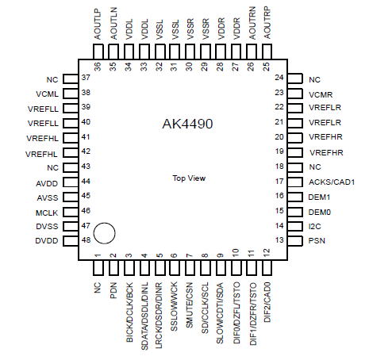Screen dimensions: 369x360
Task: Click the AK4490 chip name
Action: tap(187, 124)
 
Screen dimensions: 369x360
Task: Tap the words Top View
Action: tap(189, 178)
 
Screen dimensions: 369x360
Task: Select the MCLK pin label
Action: tap(47, 213)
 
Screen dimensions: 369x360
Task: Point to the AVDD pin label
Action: tap(47, 183)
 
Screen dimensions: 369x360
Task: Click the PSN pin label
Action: tap(317, 241)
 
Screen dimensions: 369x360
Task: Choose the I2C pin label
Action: tap(314, 226)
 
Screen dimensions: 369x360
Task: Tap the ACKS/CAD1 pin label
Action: tap(332, 182)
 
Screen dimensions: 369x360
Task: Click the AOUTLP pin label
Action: tap(98, 25)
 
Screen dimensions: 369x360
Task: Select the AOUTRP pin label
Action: tap(267, 23)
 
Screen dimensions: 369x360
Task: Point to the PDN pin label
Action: tap(113, 290)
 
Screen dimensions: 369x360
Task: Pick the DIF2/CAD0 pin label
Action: tap(267, 302)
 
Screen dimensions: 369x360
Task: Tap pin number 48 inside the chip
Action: tap(86, 239)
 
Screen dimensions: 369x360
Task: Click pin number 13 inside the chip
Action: tap(279, 240)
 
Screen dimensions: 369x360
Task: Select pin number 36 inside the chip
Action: tap(98, 67)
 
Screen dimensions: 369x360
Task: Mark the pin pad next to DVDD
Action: tap(71, 241)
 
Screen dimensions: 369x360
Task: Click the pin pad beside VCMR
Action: tap(295, 94)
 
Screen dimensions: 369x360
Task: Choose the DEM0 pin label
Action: tap(320, 212)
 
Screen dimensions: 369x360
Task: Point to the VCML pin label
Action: tap(47, 94)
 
